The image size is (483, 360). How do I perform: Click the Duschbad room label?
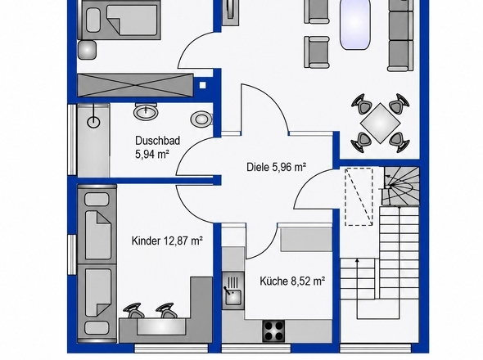point(157,141)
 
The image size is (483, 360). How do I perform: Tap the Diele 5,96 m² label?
point(277,167)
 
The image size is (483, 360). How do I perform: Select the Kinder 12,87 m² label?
point(167,241)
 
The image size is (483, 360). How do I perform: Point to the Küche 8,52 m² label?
point(292,281)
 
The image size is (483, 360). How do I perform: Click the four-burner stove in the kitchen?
point(273,331)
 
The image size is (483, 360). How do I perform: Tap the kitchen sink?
point(233,290)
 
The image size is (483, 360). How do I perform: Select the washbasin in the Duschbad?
point(146,111)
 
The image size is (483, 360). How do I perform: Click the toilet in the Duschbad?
point(201,119)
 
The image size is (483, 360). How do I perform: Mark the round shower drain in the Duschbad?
point(93,122)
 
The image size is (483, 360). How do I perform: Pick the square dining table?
point(380,124)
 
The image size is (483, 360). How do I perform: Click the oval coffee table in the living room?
point(354,24)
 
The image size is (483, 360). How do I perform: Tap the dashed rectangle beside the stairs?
point(359,197)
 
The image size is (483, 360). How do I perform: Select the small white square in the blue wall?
point(202,85)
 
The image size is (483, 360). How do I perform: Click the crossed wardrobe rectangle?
point(135,85)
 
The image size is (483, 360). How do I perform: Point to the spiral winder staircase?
point(400,186)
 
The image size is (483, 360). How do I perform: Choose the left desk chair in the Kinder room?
point(134,311)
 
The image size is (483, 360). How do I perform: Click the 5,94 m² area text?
point(152,154)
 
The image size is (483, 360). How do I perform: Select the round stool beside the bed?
point(87,49)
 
